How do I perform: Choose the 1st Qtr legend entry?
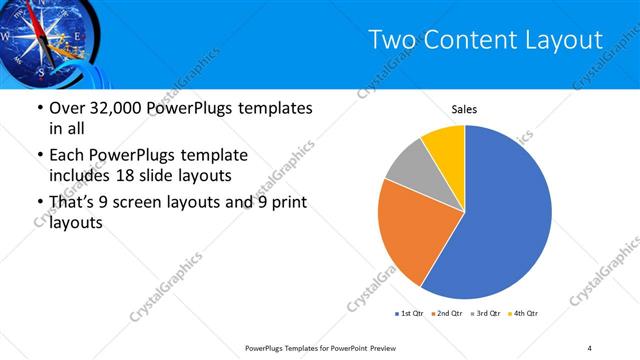(411, 314)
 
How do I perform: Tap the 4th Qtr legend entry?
(526, 314)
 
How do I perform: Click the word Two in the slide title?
(391, 39)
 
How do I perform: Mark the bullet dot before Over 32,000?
(38, 108)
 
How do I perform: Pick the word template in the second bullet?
(211, 155)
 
